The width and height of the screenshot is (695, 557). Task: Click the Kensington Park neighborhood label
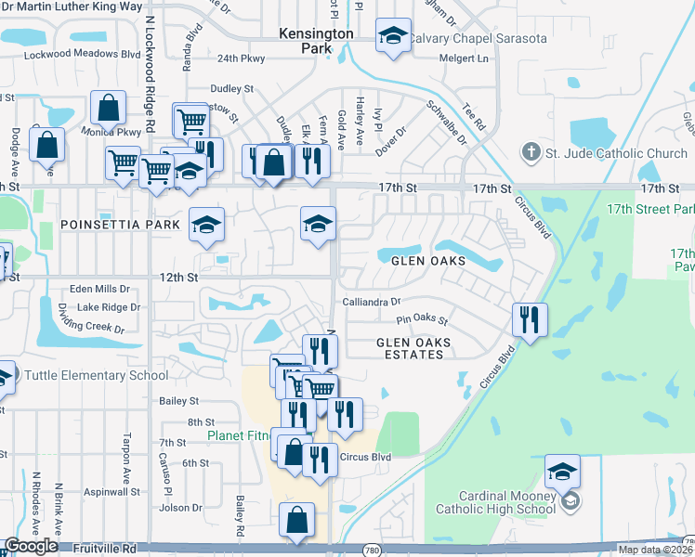(317, 40)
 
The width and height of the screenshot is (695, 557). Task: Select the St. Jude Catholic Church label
(616, 152)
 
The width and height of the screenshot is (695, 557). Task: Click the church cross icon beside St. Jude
(531, 152)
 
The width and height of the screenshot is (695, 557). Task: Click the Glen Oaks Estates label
(413, 348)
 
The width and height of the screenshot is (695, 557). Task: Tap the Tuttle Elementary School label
(97, 375)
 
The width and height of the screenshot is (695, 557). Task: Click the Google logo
(31, 547)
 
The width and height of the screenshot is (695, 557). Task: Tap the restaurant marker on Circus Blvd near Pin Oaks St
(530, 320)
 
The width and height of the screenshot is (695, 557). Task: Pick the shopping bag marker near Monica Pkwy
(109, 108)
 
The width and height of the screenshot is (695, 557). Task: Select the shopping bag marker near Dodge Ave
(46, 145)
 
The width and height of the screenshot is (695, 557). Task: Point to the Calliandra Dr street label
(371, 302)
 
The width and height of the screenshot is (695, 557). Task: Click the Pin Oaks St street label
(422, 321)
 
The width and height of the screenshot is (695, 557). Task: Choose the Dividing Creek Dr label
(91, 324)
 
